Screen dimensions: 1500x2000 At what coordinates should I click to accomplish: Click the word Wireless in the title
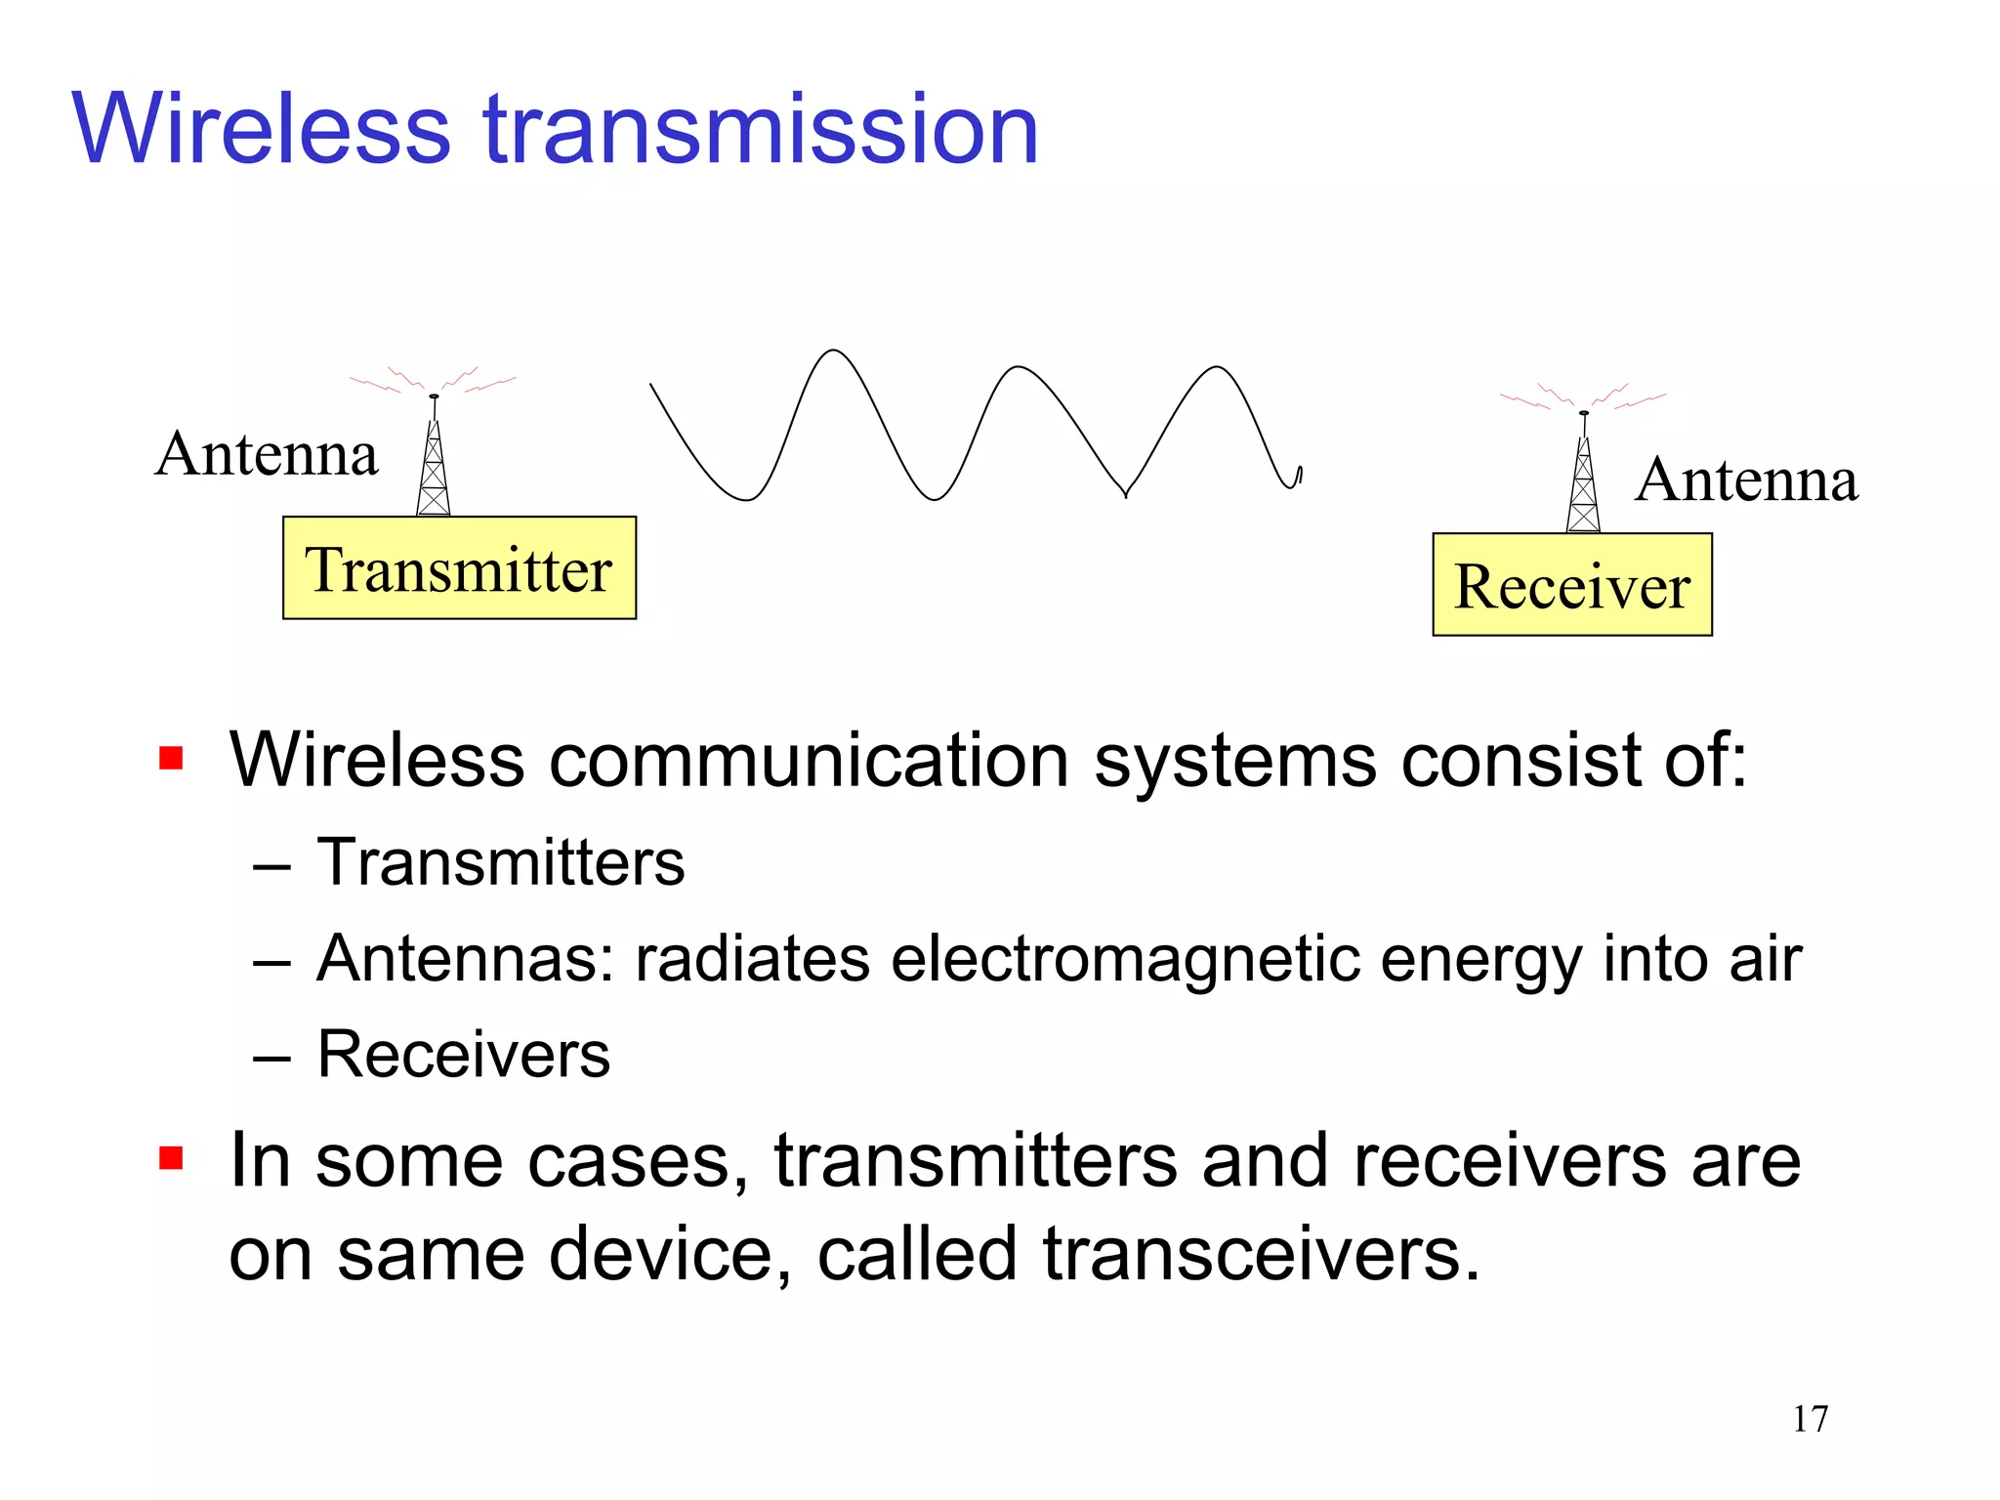[262, 130]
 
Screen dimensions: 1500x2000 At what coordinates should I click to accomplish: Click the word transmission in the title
[762, 130]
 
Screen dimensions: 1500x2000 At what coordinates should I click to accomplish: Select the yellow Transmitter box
[459, 568]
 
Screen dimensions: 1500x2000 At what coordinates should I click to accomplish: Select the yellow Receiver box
[1572, 585]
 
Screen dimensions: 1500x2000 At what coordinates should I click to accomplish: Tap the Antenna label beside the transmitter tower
[267, 454]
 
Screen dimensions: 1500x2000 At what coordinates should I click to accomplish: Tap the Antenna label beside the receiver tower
[1747, 480]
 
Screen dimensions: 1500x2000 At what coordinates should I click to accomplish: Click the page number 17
[1810, 1419]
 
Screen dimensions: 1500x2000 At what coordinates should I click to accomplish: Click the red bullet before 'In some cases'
[171, 1158]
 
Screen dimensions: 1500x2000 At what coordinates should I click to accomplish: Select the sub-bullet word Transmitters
[501, 863]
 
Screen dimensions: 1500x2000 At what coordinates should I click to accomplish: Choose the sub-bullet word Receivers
[464, 1055]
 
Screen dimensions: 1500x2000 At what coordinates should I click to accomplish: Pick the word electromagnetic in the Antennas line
[1126, 959]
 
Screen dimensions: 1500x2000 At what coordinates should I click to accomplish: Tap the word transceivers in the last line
[1262, 1254]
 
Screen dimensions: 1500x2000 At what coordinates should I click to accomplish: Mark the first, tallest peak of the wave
[833, 353]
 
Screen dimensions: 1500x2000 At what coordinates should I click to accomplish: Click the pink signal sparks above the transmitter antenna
[434, 381]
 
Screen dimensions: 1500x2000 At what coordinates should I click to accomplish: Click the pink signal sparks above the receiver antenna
[1583, 396]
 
